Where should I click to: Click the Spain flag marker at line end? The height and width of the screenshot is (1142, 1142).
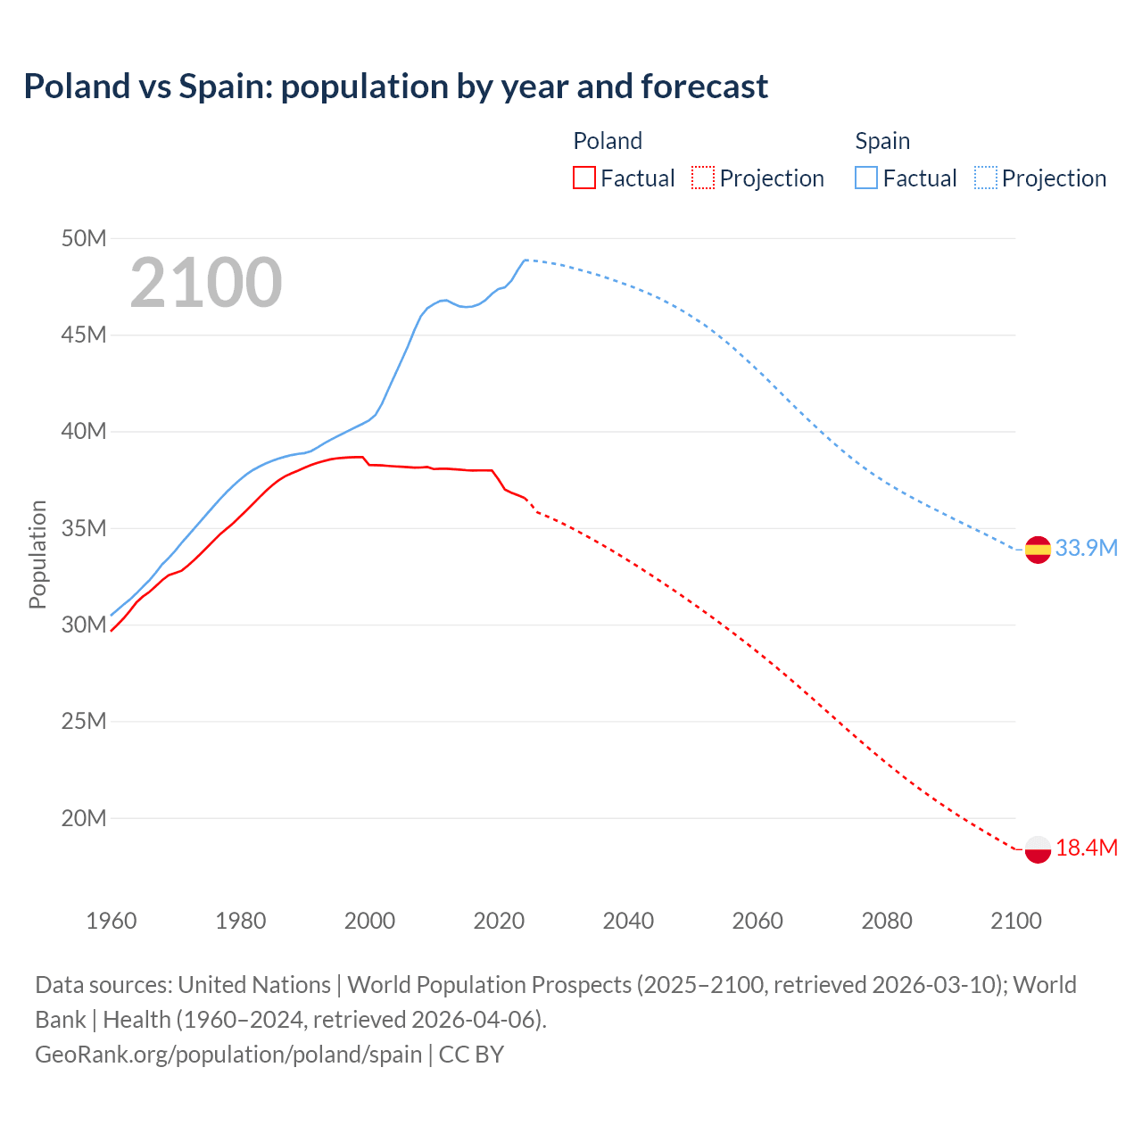pos(1038,550)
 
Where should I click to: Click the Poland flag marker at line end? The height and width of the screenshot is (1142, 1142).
pos(1038,849)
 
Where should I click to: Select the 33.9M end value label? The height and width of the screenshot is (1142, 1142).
pos(1086,548)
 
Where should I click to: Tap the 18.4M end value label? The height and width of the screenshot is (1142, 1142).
pos(1086,848)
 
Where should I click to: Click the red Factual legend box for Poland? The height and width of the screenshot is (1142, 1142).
pos(583,178)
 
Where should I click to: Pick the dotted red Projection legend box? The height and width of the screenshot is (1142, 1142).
pos(703,178)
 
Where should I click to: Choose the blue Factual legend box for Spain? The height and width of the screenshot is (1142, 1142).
pos(865,178)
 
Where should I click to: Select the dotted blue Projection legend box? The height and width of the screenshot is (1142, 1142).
pos(985,178)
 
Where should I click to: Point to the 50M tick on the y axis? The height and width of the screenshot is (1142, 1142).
pos(84,238)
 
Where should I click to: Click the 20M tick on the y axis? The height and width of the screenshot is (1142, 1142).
pos(84,818)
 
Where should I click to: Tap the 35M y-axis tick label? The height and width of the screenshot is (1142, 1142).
pos(84,528)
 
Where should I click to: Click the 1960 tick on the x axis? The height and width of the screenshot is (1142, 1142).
pos(112,921)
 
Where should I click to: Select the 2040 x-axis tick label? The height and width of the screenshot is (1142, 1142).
pos(628,921)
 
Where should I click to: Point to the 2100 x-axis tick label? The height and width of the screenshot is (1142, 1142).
pos(1016,921)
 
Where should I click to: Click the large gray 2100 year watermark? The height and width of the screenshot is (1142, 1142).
pos(206,283)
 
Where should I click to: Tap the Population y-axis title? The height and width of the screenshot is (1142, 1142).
pos(37,554)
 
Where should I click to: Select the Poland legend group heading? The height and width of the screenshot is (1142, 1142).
pos(608,141)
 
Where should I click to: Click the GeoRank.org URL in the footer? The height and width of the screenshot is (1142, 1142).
pos(228,1055)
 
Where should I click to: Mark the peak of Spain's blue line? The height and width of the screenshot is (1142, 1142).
pos(525,260)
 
